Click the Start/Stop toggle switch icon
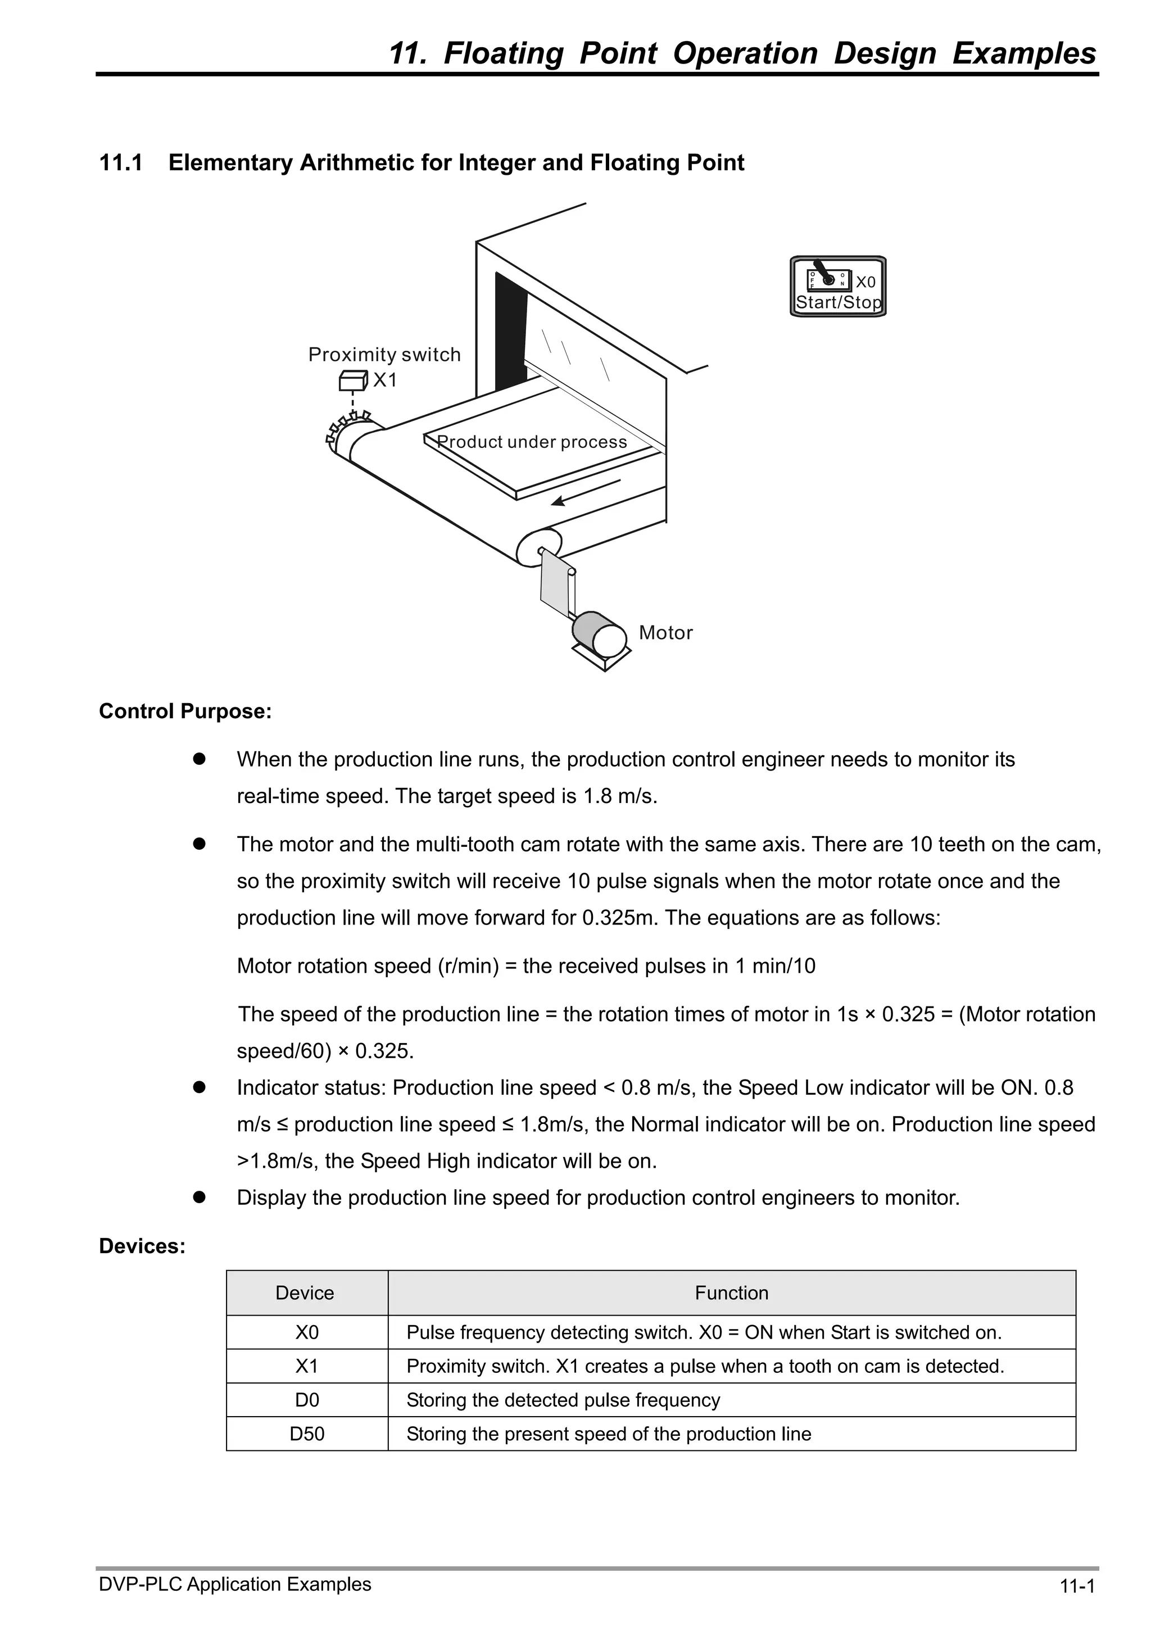coord(827,277)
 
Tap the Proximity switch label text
coord(384,355)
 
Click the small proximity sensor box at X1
coord(352,382)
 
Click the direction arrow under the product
coord(586,492)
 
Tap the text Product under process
coord(531,442)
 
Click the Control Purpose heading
coord(185,711)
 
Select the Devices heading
coord(142,1246)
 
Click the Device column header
coord(305,1293)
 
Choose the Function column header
coord(731,1293)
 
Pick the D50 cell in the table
coord(307,1434)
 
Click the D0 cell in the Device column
coord(307,1400)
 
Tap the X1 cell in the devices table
coord(307,1366)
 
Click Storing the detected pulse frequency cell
coord(563,1400)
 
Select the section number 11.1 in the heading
coord(121,162)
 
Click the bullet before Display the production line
coord(200,1198)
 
